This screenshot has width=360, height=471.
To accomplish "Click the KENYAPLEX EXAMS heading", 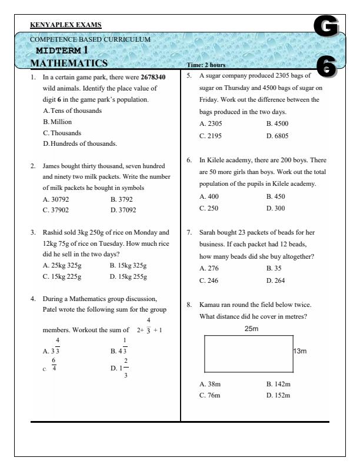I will (x=65, y=25).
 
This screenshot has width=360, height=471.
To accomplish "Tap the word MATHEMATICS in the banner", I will (x=69, y=63).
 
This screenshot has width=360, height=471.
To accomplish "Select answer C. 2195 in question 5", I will (x=211, y=135).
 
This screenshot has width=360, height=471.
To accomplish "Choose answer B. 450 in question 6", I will (x=275, y=196).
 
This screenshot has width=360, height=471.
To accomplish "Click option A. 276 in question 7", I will (x=209, y=269).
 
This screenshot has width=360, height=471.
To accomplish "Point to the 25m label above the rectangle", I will (x=251, y=329).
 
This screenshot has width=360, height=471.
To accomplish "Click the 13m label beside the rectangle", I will (x=301, y=351).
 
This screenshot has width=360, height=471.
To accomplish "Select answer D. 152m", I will (x=278, y=395).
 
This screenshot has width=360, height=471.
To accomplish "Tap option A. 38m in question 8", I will (x=210, y=384).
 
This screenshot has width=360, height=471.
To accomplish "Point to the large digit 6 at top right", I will (x=327, y=66).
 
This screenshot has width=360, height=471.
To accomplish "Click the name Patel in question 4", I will (x=51, y=309).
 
